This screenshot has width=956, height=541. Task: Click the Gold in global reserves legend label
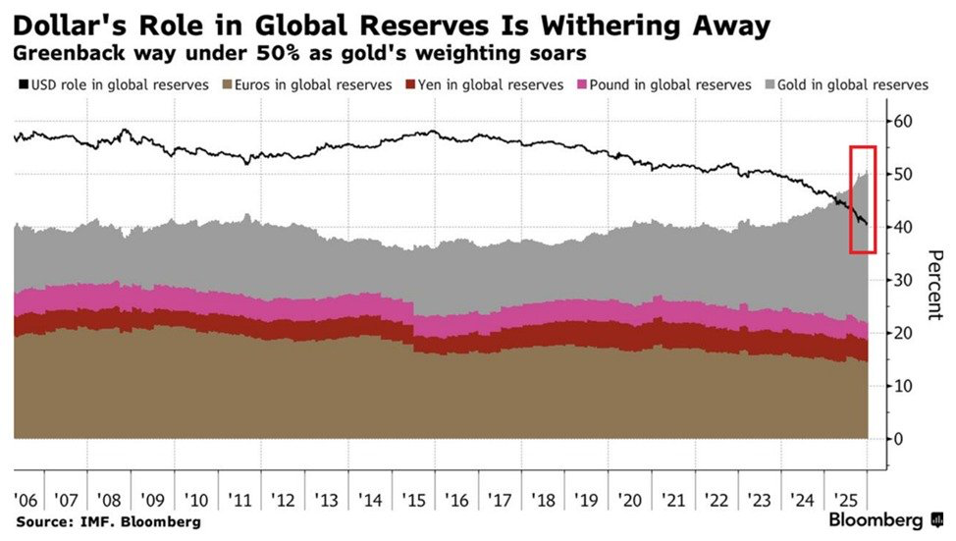852,85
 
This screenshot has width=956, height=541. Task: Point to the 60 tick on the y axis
903,121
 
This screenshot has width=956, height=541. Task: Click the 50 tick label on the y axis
903,174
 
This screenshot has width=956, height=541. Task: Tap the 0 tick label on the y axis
898,439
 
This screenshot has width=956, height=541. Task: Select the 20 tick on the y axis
903,333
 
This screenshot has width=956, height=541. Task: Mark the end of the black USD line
866,224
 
